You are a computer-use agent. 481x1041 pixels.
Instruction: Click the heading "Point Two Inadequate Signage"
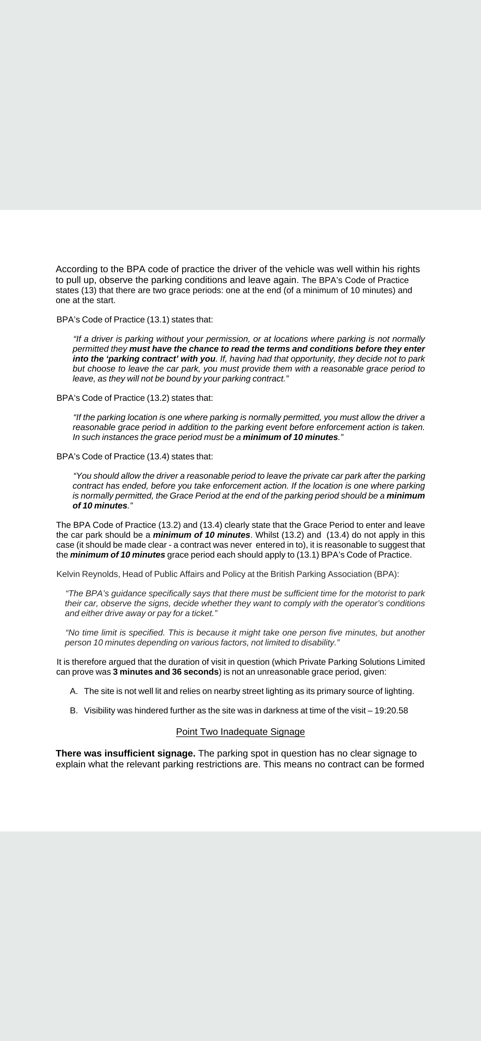(240, 732)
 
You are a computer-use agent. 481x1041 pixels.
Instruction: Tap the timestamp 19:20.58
(391, 710)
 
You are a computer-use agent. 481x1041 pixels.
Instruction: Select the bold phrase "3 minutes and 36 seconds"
(166, 672)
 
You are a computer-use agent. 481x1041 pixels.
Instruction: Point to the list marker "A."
(74, 691)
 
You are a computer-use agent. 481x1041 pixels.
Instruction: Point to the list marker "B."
(74, 710)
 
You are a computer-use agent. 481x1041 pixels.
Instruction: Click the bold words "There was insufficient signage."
(126, 753)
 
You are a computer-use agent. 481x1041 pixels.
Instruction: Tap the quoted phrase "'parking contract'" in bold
(141, 359)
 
